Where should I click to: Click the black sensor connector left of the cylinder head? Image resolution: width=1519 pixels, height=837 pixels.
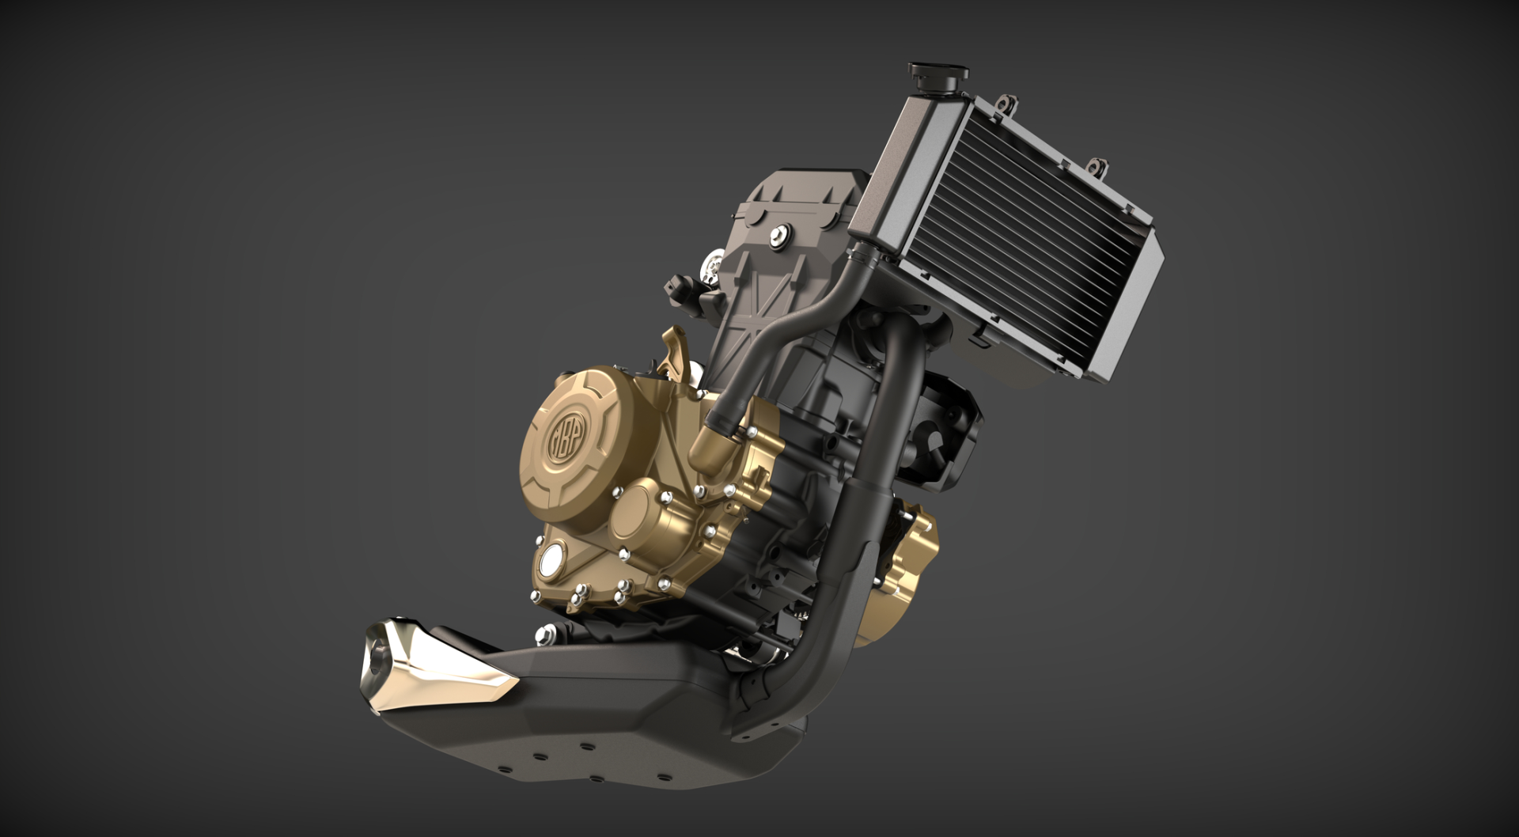click(682, 286)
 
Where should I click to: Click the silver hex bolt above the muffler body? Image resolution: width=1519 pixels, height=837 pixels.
click(544, 633)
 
